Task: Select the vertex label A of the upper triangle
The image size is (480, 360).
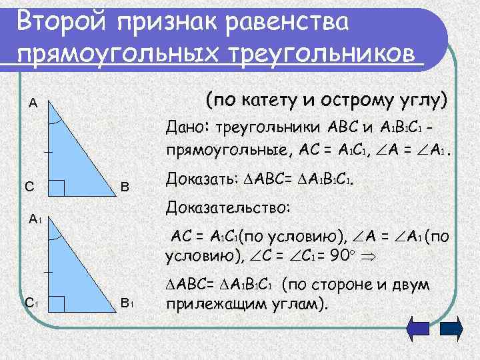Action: pyautogui.click(x=33, y=103)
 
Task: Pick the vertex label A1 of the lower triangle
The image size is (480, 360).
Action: pyautogui.click(x=35, y=217)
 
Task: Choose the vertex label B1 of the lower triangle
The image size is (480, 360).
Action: pyautogui.click(x=127, y=303)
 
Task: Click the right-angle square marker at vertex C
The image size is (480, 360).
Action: pyautogui.click(x=57, y=189)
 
